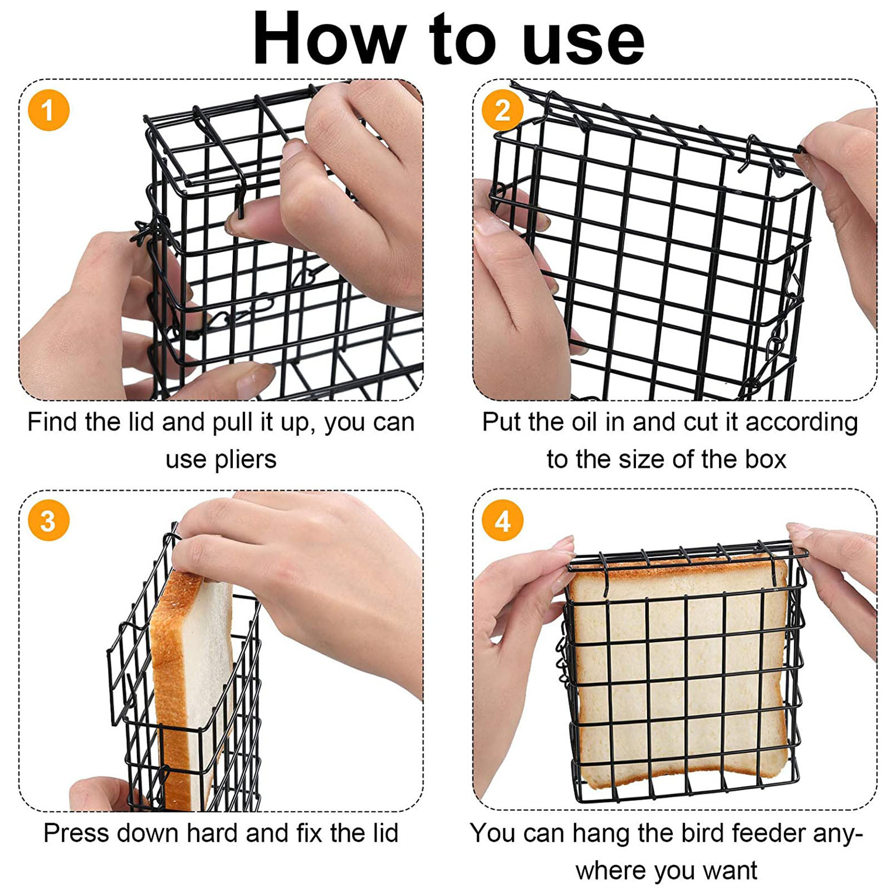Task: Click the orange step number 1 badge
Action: click(48, 110)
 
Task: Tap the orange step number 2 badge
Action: click(502, 110)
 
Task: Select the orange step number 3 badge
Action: click(48, 521)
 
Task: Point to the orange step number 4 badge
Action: click(502, 521)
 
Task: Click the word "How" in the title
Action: click(329, 39)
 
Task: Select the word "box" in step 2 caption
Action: click(766, 460)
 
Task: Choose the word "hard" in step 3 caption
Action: click(213, 833)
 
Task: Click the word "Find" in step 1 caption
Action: click(53, 422)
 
